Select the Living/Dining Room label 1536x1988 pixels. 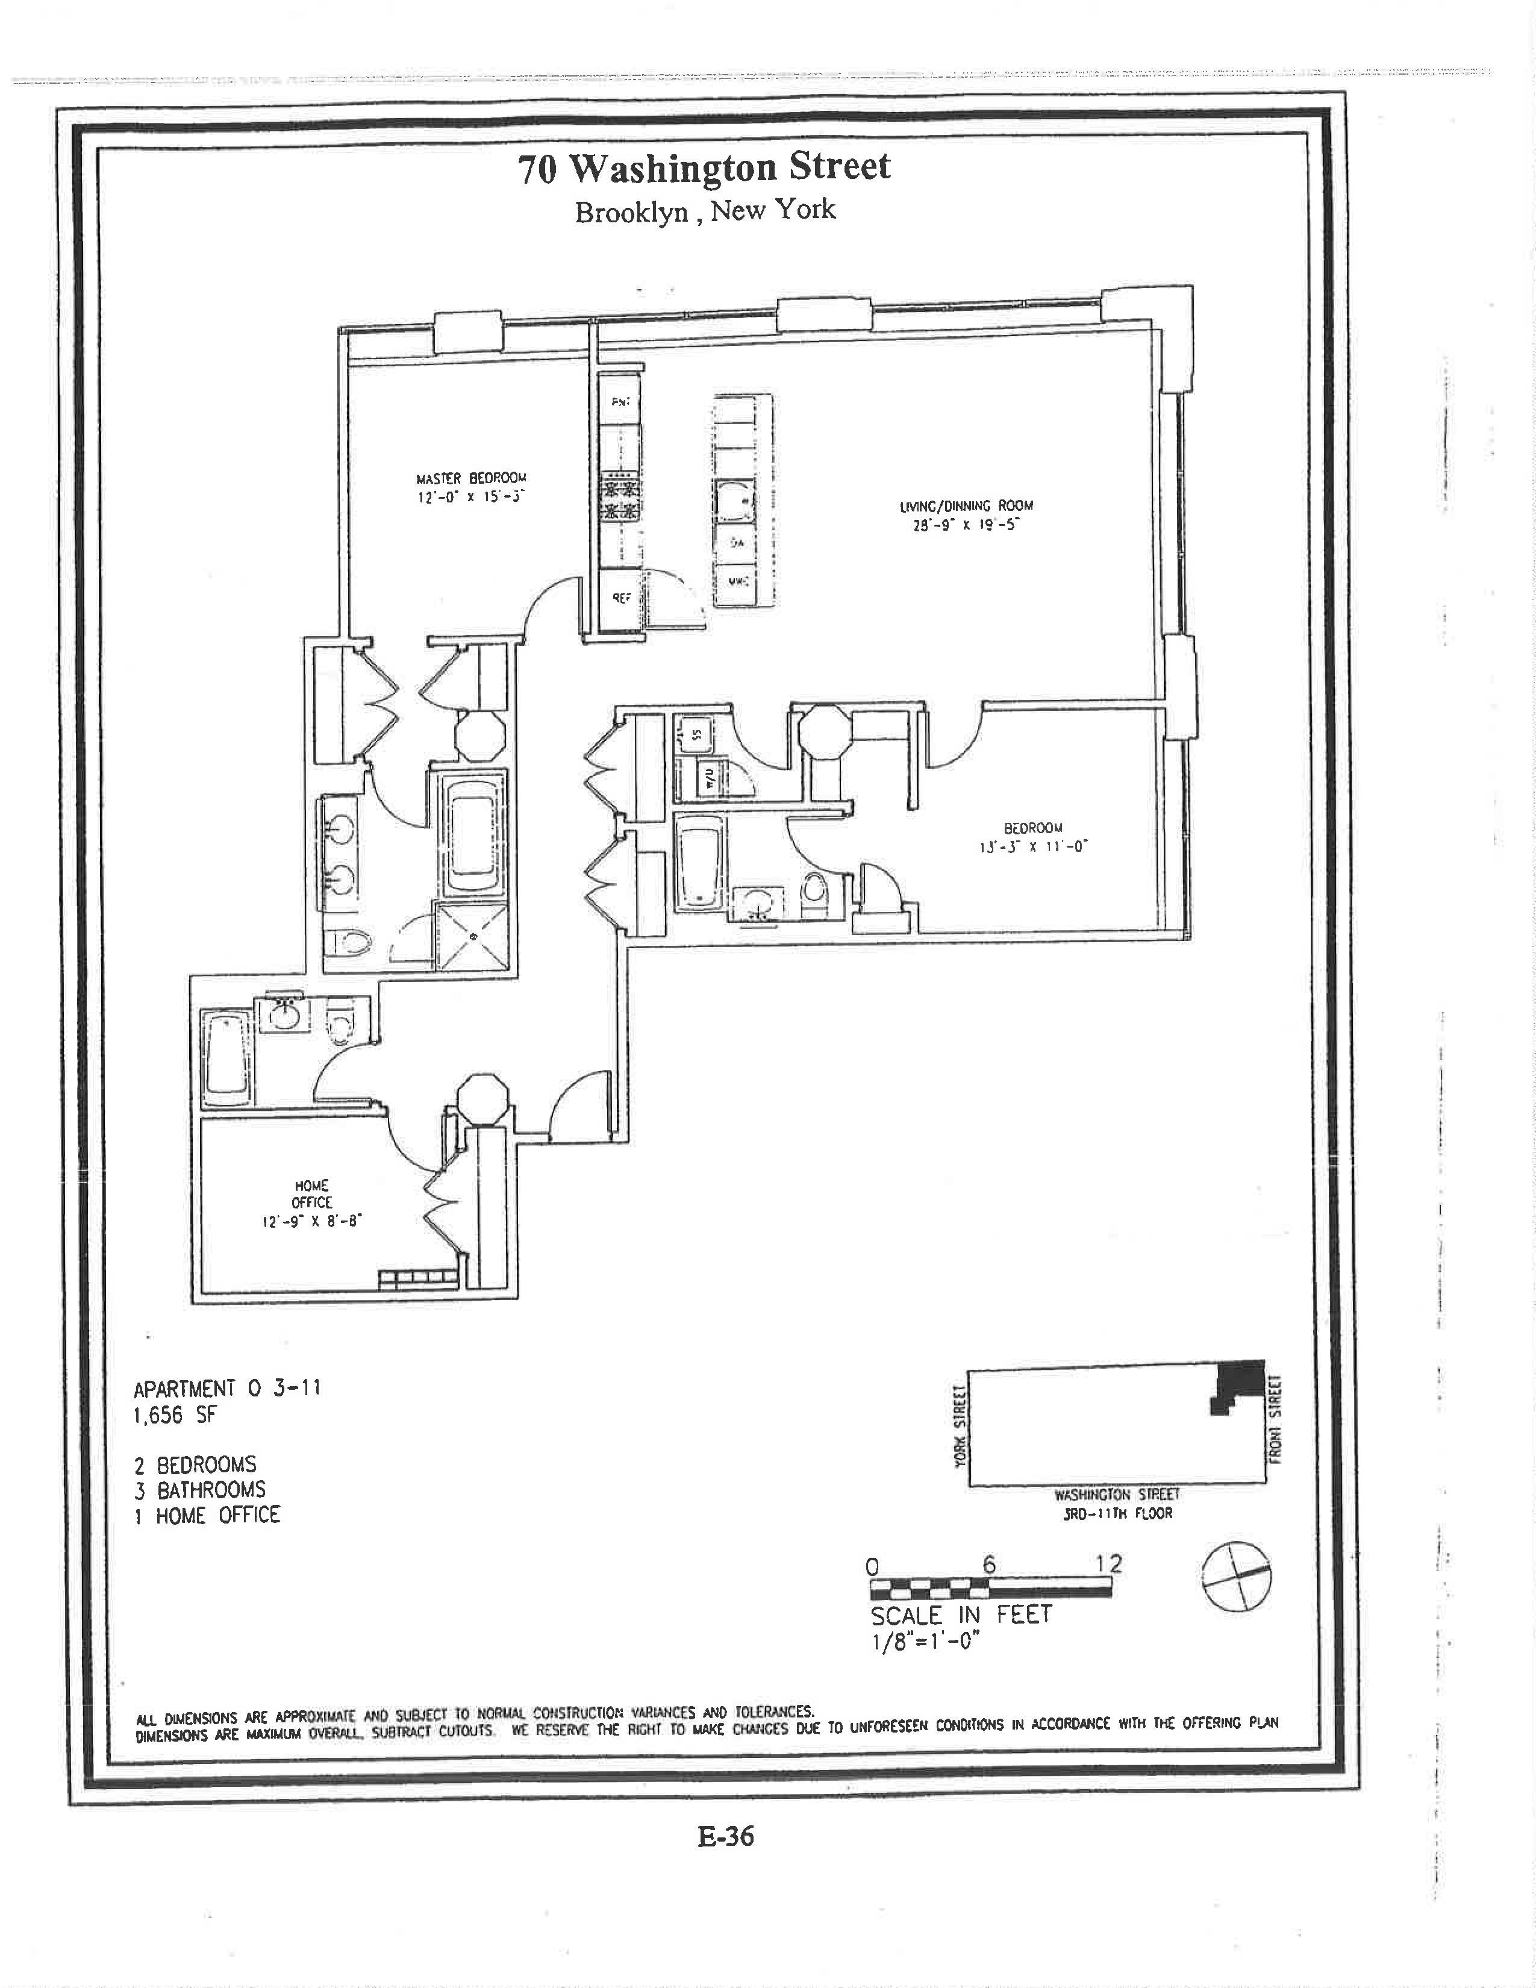tap(966, 506)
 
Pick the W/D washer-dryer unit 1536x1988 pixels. tap(709, 778)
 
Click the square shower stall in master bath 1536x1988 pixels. tap(473, 937)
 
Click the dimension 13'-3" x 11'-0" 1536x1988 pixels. tap(1028, 846)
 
